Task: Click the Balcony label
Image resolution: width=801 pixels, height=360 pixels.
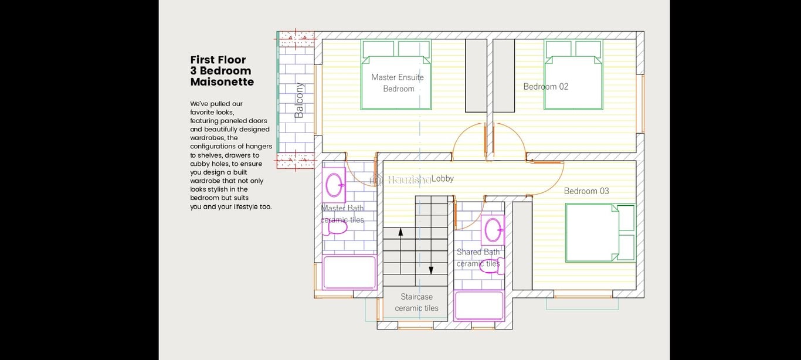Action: (299, 100)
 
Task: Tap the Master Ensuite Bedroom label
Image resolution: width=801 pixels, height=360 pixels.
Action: (398, 83)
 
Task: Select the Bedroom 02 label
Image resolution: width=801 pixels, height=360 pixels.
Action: (546, 87)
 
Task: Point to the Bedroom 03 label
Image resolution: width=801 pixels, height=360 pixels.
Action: (586, 191)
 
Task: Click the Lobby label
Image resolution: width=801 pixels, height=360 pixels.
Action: (442, 178)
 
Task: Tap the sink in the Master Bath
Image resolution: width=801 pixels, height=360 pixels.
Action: (334, 185)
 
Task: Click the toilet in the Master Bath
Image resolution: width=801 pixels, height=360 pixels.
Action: (335, 227)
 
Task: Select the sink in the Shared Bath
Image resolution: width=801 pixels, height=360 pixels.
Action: (493, 230)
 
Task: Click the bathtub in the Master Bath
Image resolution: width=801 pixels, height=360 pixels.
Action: (349, 272)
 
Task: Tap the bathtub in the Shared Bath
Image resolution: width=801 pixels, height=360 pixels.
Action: (479, 305)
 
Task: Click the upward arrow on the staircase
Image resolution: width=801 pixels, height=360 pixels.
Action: (400, 250)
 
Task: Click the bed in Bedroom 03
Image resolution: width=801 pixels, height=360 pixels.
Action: (600, 233)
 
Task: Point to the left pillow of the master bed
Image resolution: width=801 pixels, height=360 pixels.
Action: (378, 49)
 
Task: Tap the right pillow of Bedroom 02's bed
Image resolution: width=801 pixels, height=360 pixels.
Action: (588, 49)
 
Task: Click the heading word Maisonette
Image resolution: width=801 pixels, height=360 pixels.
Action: (222, 82)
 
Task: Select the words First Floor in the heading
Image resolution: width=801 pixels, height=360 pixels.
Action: (218, 60)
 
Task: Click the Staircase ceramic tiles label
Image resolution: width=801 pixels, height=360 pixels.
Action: (416, 303)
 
